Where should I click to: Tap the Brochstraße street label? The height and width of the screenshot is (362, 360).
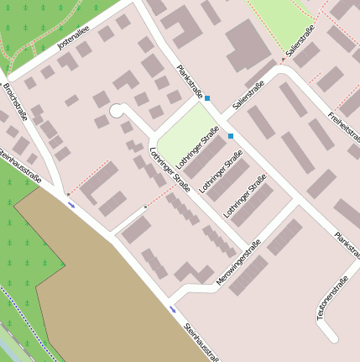(x=15, y=102)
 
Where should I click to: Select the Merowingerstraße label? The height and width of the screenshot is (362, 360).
(x=240, y=261)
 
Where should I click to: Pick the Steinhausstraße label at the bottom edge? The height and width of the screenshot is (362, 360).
(x=202, y=343)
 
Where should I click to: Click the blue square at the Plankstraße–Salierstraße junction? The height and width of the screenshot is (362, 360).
(x=207, y=98)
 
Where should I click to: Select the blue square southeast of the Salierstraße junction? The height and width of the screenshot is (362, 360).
(x=231, y=135)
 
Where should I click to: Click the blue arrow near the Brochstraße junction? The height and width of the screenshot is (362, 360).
(x=71, y=204)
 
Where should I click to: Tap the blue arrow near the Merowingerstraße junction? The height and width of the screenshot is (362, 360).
(x=173, y=309)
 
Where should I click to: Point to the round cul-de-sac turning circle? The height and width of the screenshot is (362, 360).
(x=117, y=110)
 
